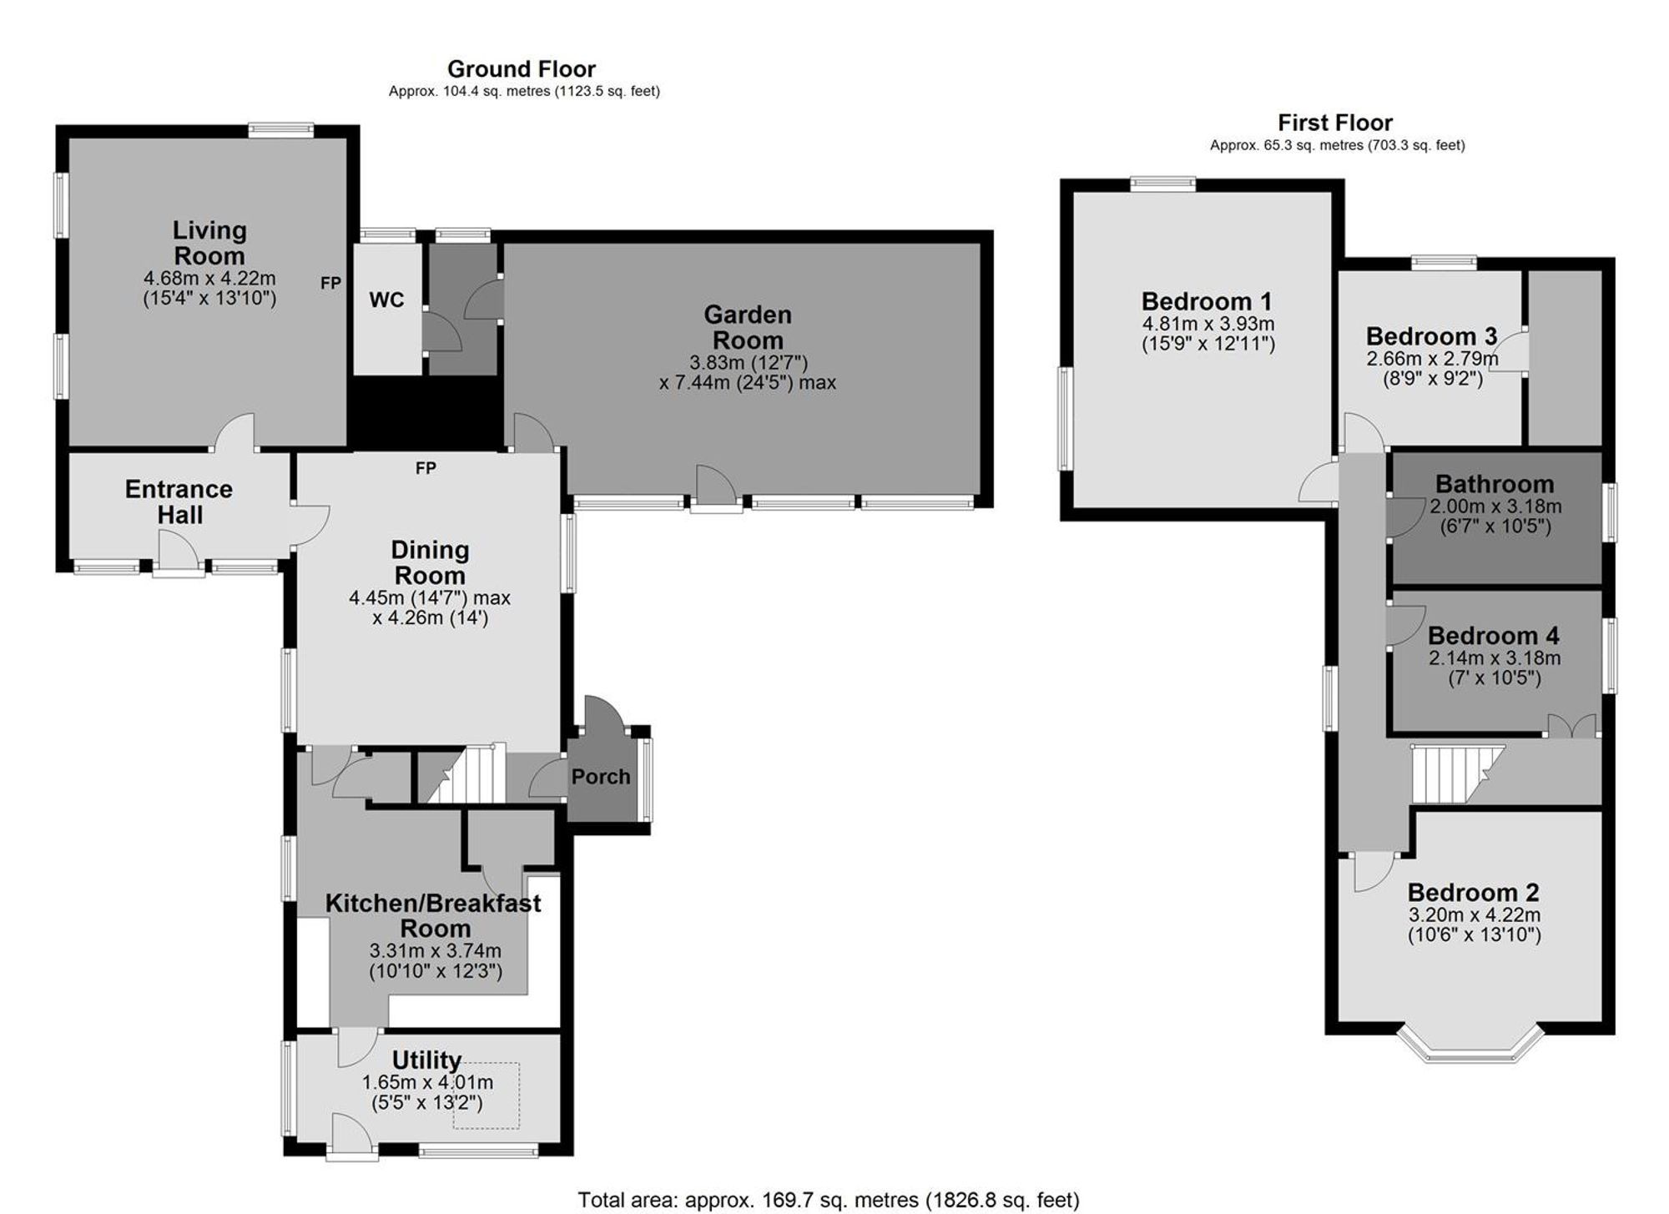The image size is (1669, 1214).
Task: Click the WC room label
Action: click(x=386, y=300)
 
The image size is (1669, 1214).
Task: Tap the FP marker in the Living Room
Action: click(x=330, y=284)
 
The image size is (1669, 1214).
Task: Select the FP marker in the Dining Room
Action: click(x=426, y=469)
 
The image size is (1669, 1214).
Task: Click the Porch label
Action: click(x=601, y=777)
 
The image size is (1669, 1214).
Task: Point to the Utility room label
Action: click(x=426, y=1060)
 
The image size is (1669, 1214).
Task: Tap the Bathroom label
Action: click(x=1494, y=484)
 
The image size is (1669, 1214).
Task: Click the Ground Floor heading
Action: click(x=522, y=68)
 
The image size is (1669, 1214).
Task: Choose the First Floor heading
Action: click(x=1334, y=123)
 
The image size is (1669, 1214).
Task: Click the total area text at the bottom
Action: click(x=828, y=1200)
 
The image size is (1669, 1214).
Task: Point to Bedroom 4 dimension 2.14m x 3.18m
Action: click(x=1494, y=658)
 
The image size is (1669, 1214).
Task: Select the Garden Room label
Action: click(x=748, y=327)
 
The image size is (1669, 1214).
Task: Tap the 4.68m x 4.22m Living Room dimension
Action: click(x=209, y=279)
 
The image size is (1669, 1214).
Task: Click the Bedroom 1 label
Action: click(x=1207, y=301)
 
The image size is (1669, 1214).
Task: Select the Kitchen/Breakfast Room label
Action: click(x=433, y=915)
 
